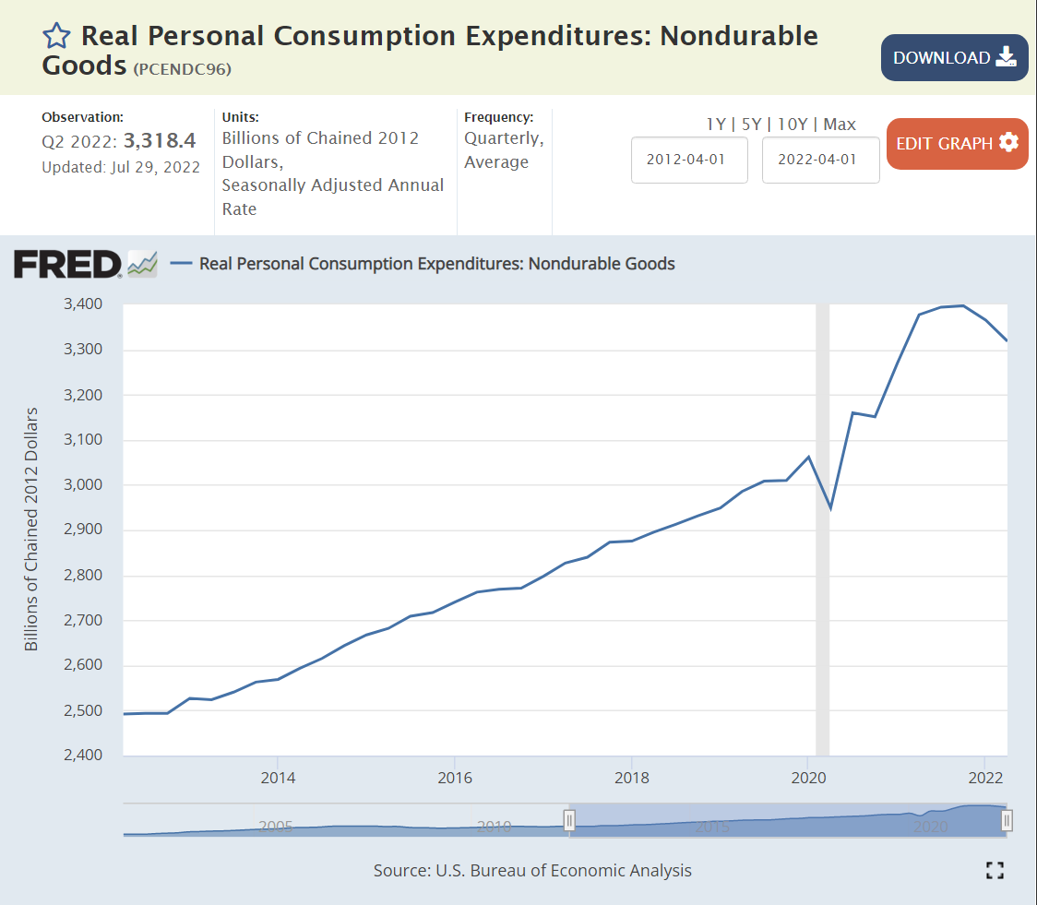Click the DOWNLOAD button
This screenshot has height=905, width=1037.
[954, 58]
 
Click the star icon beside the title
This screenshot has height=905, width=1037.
[56, 36]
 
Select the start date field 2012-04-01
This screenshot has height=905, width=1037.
[689, 159]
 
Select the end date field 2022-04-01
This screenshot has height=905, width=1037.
[820, 159]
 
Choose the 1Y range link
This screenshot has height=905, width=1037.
[715, 124]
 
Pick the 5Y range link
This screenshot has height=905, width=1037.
[753, 124]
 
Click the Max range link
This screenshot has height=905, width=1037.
[840, 124]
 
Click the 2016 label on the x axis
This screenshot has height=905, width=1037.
[455, 778]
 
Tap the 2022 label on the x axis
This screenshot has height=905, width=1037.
[986, 778]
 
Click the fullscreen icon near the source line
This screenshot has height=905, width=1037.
[995, 870]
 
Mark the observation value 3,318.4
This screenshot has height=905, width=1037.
[160, 141]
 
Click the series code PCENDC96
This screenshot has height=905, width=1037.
[182, 69]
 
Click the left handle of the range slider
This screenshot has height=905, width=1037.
[570, 819]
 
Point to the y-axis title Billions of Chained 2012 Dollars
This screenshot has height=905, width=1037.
[32, 529]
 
